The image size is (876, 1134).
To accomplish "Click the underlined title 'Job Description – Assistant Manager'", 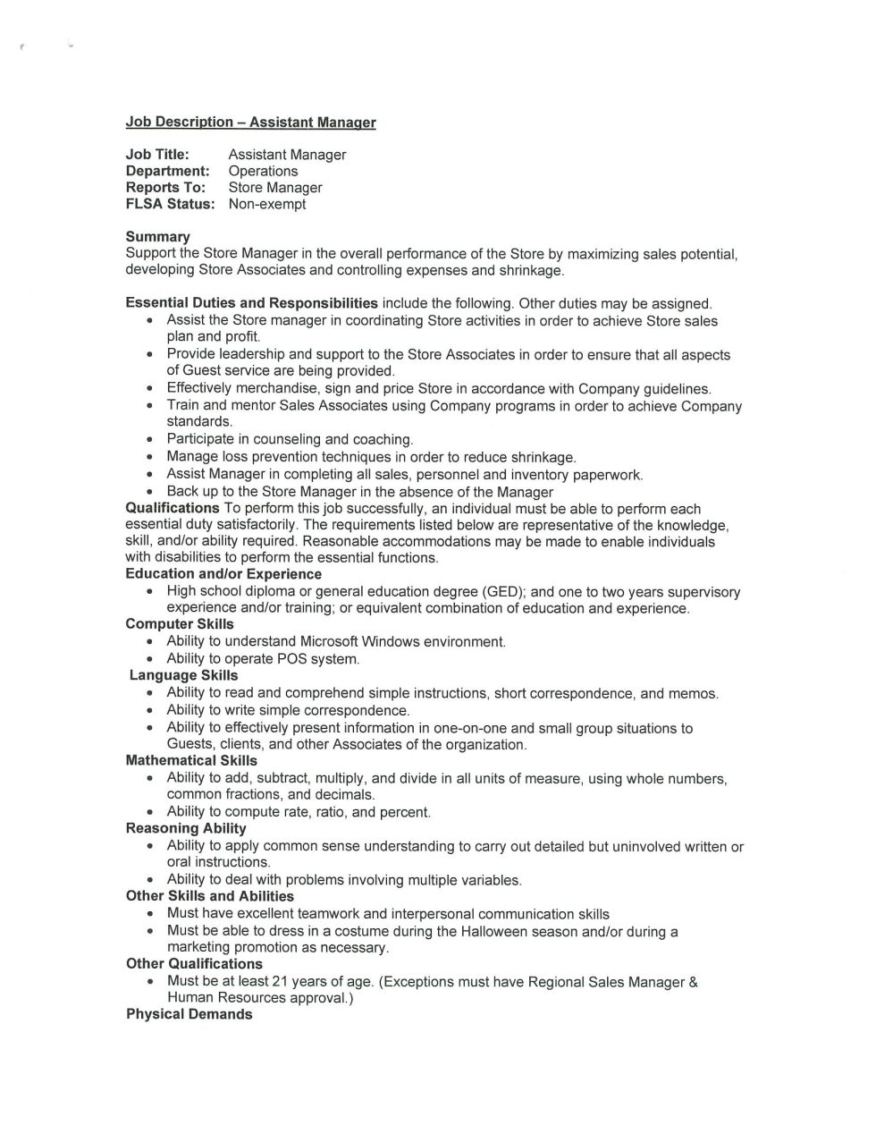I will pos(250,123).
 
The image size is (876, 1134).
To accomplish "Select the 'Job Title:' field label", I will pos(157,155).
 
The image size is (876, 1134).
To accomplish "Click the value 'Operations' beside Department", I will pos(263,171).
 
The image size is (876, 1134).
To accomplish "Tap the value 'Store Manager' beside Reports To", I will pos(275,188).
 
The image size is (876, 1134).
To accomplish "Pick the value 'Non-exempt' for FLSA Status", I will pos(267,204).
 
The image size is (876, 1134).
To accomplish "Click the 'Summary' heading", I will pos(157,237).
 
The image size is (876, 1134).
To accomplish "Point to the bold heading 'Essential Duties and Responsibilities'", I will pos(251,303).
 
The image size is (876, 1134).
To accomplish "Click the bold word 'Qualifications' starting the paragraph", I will pos(173,508).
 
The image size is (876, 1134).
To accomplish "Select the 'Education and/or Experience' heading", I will pos(223,574).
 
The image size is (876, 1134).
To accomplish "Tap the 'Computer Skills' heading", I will pos(180,624).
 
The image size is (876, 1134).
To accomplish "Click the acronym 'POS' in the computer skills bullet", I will pos(292,659).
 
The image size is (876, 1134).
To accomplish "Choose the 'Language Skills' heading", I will pos(183,675).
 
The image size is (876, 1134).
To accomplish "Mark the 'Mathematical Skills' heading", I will pos(191,761).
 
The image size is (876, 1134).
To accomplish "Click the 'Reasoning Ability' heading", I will pos(186,828).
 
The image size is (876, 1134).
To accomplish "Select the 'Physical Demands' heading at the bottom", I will pos(190,1014).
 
